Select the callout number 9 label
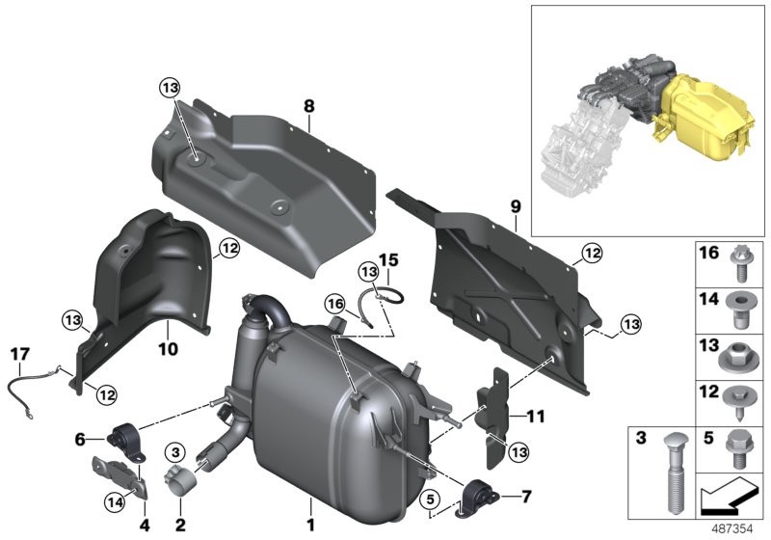[x=515, y=206]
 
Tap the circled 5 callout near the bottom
[x=431, y=498]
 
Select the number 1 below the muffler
[x=310, y=526]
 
